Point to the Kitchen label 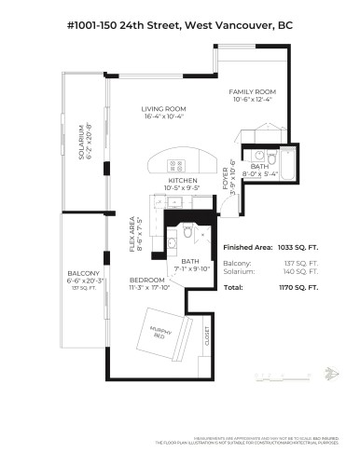tap(181, 181)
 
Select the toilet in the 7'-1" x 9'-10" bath tap(187, 233)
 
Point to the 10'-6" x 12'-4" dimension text tap(252, 100)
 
